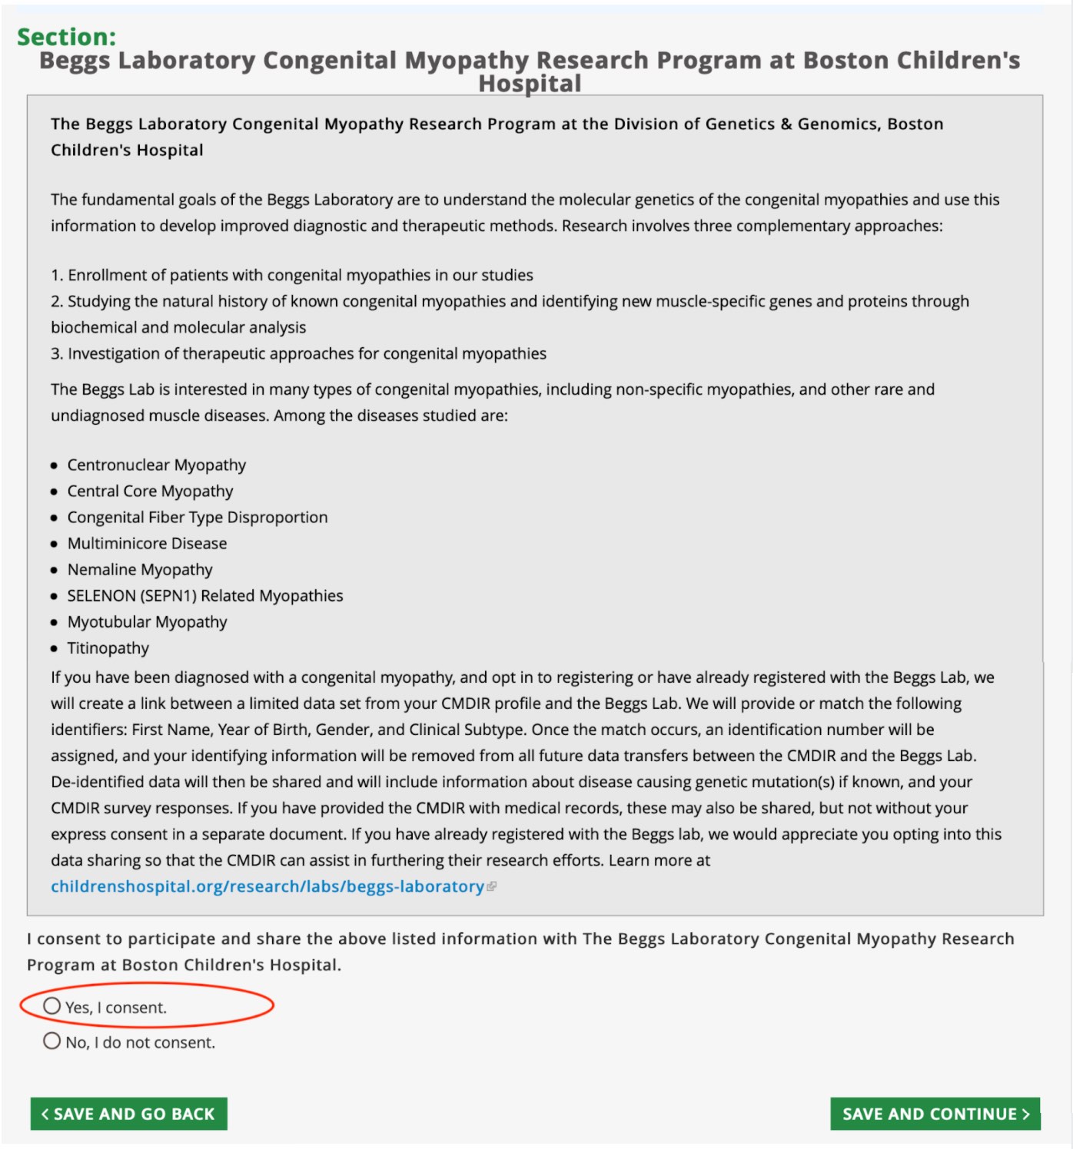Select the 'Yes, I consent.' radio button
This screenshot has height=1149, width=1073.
pyautogui.click(x=52, y=1006)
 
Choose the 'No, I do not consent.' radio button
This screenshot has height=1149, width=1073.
pyautogui.click(x=52, y=1041)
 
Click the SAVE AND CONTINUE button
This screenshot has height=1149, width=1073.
pyautogui.click(x=934, y=1114)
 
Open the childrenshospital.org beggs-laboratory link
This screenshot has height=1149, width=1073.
pyautogui.click(x=267, y=886)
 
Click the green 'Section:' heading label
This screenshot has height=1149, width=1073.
pyautogui.click(x=67, y=37)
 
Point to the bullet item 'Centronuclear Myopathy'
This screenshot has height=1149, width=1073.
pyautogui.click(x=157, y=465)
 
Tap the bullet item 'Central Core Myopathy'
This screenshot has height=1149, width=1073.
pyautogui.click(x=150, y=491)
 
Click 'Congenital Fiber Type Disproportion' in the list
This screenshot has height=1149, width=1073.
pyautogui.click(x=198, y=517)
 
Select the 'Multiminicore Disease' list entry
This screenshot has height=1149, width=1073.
pyautogui.click(x=147, y=543)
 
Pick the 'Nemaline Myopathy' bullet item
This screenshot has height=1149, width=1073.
pyautogui.click(x=140, y=569)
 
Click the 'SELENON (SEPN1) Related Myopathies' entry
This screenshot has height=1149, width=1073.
pyautogui.click(x=205, y=595)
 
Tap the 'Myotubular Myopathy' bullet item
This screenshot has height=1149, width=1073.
pyautogui.click(x=147, y=621)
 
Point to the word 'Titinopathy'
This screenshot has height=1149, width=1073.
pyautogui.click(x=108, y=647)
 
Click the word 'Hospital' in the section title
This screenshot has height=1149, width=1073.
pyautogui.click(x=530, y=83)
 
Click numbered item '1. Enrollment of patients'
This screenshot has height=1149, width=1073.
pyautogui.click(x=292, y=275)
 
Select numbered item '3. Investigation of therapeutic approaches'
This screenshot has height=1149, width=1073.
pyautogui.click(x=299, y=353)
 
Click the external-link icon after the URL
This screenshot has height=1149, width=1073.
pyautogui.click(x=492, y=886)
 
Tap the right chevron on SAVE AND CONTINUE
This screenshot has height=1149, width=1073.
pyautogui.click(x=1026, y=1114)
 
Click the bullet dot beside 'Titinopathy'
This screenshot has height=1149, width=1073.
pyautogui.click(x=54, y=648)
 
